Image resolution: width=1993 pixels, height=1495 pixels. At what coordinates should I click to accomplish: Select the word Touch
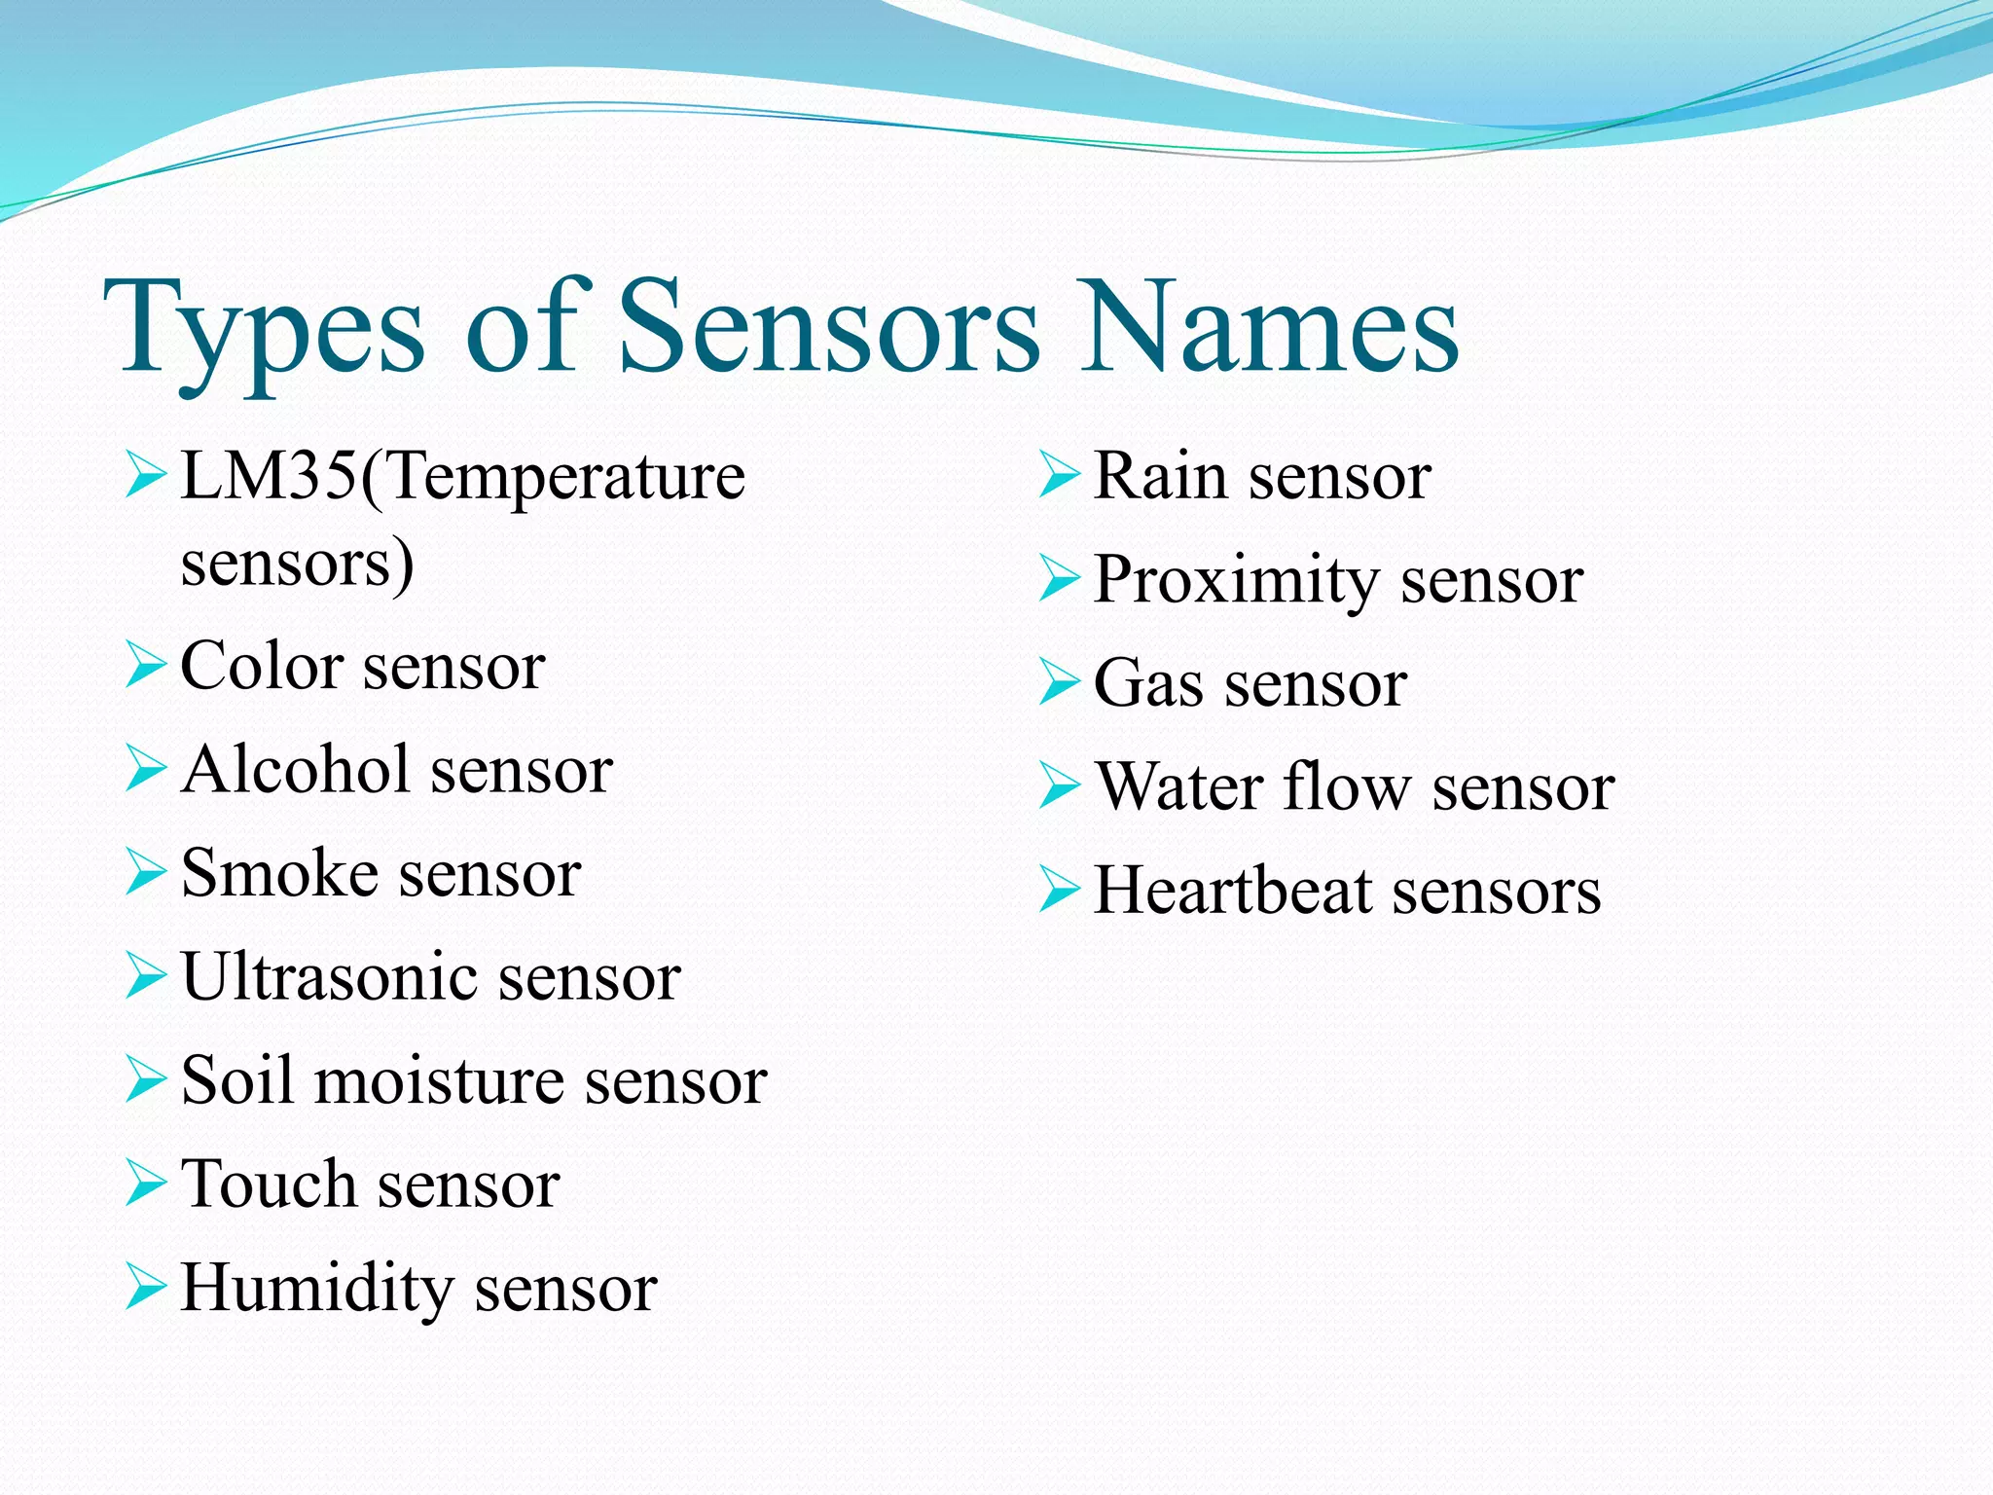(269, 1185)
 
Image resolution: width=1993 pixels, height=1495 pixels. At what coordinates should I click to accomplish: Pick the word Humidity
(317, 1290)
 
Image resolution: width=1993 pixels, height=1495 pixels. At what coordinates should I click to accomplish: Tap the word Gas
(1147, 684)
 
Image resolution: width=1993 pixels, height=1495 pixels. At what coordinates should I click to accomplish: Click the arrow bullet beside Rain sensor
(1059, 475)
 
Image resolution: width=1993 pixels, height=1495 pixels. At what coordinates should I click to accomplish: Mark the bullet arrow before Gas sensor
(1059, 681)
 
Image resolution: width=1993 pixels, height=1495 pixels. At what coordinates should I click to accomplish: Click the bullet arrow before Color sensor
(146, 665)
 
